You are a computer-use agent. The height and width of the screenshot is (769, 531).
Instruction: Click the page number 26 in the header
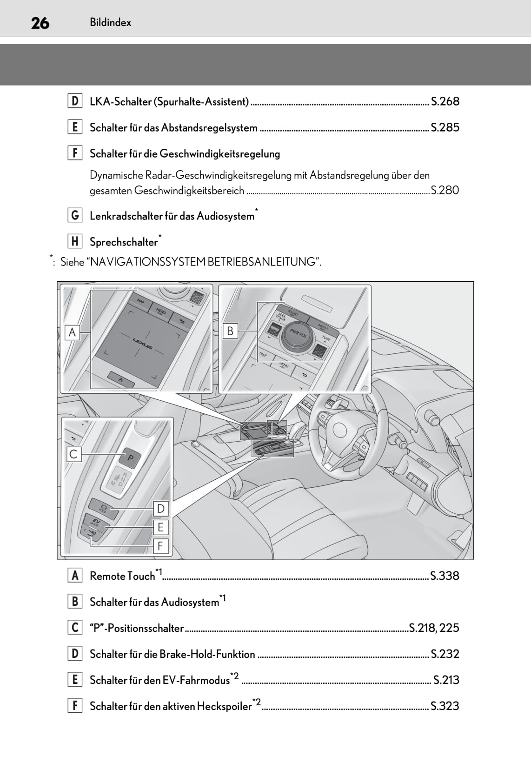pos(40,22)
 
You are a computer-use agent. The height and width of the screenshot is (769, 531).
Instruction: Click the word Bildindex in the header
pos(111,22)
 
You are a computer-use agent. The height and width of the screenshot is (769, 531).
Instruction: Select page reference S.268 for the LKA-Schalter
pos(445,101)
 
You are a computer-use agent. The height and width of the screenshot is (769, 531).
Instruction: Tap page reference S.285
pos(445,127)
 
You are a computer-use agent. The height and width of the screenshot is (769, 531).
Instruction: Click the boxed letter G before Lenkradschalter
pos(75,216)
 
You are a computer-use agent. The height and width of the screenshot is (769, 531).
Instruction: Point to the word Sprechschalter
pos(124,242)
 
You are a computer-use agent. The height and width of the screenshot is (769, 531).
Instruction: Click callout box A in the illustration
pos(73,332)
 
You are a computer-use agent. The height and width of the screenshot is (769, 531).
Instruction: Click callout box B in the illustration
pos(230,331)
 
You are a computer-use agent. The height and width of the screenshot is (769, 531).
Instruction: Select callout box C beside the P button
pos(73,454)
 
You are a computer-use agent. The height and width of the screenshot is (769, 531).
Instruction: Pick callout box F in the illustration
pos(160,546)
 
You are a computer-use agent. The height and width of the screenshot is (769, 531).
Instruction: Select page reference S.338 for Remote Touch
pos(445,576)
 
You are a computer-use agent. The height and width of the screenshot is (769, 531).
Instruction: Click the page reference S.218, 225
pos(434,628)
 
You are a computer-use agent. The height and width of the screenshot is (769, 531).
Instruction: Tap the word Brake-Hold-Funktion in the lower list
pos(207,654)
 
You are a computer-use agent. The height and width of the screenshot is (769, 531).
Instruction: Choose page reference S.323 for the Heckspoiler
pos(445,706)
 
